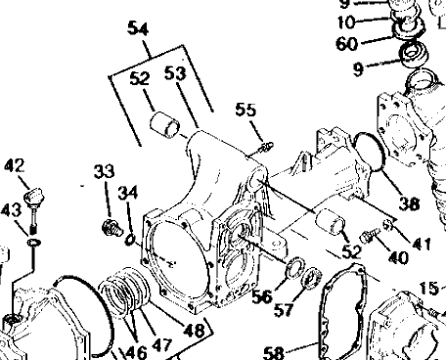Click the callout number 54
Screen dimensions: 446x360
pos(138,28)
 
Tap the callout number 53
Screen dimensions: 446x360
pos(175,73)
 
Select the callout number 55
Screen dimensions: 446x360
pos(245,110)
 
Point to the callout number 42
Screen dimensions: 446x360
pos(15,166)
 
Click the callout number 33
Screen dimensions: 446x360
pos(105,171)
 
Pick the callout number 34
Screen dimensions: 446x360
pos(128,193)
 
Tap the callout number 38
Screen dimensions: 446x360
pos(409,203)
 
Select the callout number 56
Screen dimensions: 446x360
pos(262,296)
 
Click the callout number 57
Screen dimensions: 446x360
pos(284,309)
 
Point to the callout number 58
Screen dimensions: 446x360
pos(273,353)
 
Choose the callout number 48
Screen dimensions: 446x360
pos(194,331)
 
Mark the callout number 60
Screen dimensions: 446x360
pos(347,43)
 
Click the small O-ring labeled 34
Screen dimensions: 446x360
pos(130,240)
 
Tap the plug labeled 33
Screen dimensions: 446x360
pos(111,227)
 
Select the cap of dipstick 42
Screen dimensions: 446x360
pos(33,195)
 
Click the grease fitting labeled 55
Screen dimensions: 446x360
pos(266,147)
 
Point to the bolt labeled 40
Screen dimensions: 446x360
pos(370,236)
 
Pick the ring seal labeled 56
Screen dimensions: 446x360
pos(295,268)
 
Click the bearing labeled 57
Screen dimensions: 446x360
pos(312,278)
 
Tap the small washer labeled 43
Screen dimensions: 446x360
pos(34,243)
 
